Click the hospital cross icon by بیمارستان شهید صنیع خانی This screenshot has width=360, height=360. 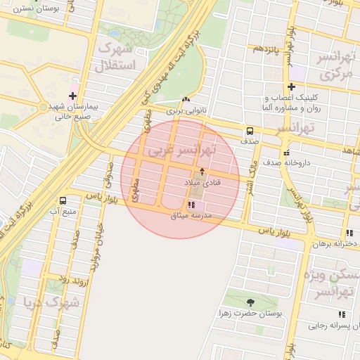point(73,96)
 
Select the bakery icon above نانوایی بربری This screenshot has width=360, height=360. point(185,101)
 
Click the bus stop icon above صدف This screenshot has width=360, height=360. point(249,131)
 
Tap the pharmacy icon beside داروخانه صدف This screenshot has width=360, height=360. point(285,153)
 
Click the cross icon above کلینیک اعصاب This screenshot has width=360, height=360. point(291,86)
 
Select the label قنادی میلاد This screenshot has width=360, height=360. point(202,182)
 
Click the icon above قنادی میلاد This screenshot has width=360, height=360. point(202,171)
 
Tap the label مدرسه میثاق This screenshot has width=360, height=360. point(191,215)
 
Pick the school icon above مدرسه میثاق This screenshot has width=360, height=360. point(191,205)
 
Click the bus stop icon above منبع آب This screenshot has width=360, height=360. point(64,200)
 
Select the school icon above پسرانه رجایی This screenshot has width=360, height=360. point(342,314)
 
